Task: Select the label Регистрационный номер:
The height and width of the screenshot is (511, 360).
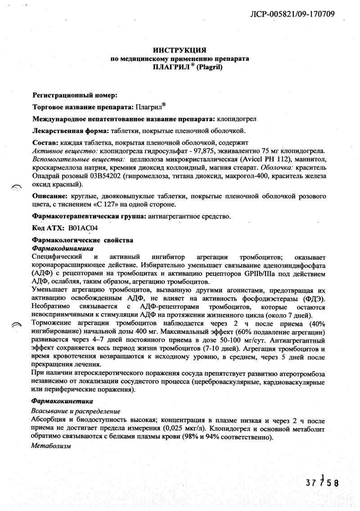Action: click(x=75, y=95)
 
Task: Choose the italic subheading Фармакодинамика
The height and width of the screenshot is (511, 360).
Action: click(x=63, y=248)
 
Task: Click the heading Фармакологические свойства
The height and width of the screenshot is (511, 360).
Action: click(x=83, y=240)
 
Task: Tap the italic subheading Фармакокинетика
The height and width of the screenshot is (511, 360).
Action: click(x=62, y=400)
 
